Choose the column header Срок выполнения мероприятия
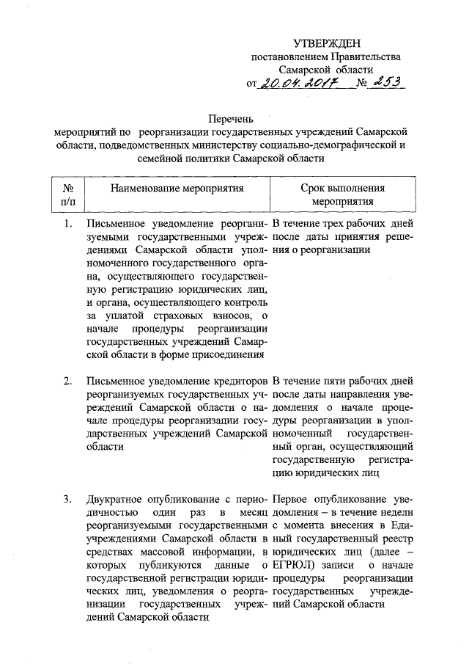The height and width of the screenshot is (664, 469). [x=342, y=194]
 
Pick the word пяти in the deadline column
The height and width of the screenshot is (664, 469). [x=338, y=381]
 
